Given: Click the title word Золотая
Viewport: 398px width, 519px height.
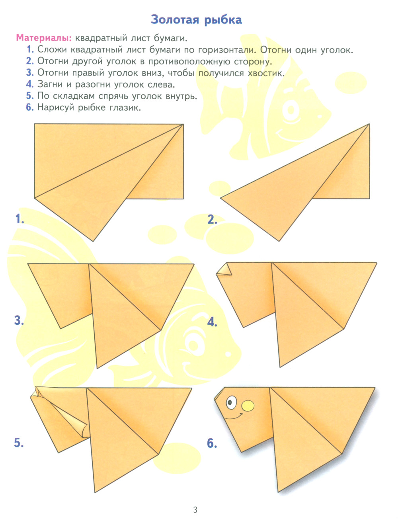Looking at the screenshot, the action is click(175, 20).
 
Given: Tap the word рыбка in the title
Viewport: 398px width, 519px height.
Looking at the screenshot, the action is click(223, 20).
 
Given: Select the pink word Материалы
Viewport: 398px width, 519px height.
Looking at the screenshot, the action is click(44, 38).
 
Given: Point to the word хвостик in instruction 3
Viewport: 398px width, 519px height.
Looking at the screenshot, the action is click(266, 72).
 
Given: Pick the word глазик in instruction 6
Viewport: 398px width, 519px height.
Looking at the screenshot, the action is click(125, 107).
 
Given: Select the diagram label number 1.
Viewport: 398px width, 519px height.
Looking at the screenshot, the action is click(20, 219).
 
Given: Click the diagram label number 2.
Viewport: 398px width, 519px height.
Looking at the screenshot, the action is click(212, 219).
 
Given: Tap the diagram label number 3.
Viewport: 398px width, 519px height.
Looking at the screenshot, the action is click(19, 320).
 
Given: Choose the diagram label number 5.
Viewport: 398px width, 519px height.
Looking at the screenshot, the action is click(19, 442).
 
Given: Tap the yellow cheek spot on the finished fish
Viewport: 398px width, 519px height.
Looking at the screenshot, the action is click(248, 406).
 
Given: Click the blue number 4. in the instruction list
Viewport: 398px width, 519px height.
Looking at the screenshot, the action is click(30, 84).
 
